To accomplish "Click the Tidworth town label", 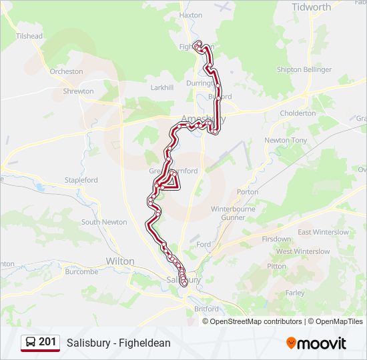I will (311, 7).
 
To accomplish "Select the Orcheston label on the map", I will (66, 71).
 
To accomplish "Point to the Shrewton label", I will (78, 91).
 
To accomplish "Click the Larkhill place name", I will (162, 87).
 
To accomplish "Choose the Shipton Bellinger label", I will (304, 70).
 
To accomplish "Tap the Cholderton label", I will (298, 113).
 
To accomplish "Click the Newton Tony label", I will (286, 141).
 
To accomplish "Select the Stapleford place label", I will (81, 180).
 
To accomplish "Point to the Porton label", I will (248, 192).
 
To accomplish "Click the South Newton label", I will (104, 222).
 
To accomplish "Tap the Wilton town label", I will (120, 261).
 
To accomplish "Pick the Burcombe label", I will (82, 272).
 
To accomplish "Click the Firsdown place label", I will (276, 239).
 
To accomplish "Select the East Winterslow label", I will (323, 232).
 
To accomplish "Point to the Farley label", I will (294, 293).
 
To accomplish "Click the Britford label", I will (206, 309).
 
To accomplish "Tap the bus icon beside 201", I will (31, 343).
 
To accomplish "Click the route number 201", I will (47, 342).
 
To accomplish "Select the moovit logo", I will (316, 343).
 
